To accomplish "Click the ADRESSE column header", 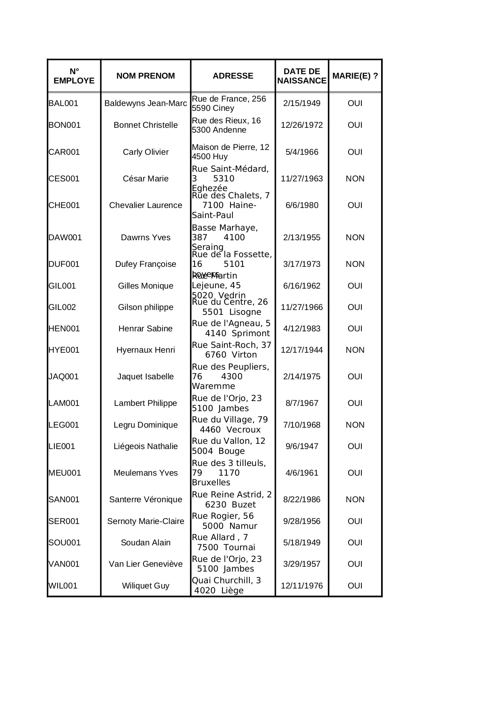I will pyautogui.click(x=233, y=76).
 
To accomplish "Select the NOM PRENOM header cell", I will pyautogui.click(x=145, y=76).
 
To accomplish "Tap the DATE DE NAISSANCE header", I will pyautogui.click(x=302, y=76).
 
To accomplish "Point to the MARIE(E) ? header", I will pyautogui.click(x=355, y=76).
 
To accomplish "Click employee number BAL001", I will pyautogui.click(x=63, y=103).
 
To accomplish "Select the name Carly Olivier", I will pyautogui.click(x=145, y=152).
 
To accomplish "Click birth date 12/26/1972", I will pyautogui.click(x=302, y=125).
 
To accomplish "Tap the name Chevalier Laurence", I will pyautogui.click(x=145, y=205).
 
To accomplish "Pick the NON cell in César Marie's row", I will pyautogui.click(x=355, y=179).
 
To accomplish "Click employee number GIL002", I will pyautogui.click(x=62, y=307).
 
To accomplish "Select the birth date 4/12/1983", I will pyautogui.click(x=302, y=329).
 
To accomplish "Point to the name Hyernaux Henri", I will pyautogui.click(x=145, y=350).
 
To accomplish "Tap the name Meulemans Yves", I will pyautogui.click(x=145, y=473).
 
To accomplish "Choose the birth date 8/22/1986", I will pyautogui.click(x=302, y=499).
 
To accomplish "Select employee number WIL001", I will pyautogui.click(x=63, y=586).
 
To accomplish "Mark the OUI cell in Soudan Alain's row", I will pyautogui.click(x=355, y=543).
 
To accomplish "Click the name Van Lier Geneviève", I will pyautogui.click(x=145, y=564).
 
